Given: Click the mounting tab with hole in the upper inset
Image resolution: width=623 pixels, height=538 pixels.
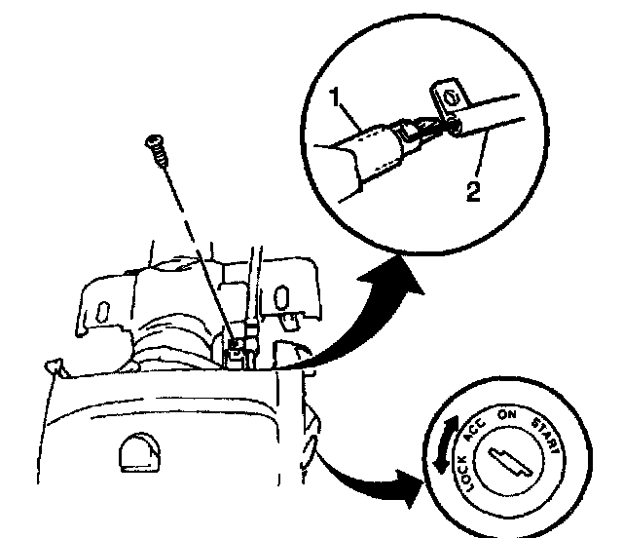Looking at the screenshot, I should (x=450, y=97).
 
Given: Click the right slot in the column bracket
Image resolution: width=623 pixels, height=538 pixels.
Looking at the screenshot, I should (x=281, y=296).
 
